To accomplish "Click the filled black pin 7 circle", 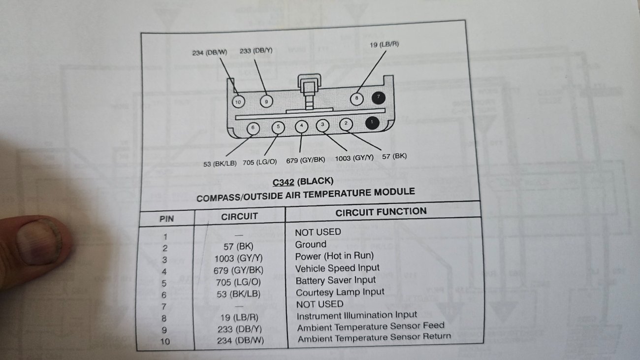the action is [x=379, y=98].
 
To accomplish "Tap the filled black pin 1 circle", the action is [x=372, y=123].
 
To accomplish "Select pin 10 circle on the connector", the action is [x=238, y=102].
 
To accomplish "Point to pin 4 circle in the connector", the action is [x=301, y=126].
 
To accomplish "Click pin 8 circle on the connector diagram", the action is [x=356, y=99].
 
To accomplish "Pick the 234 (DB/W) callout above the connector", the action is [x=210, y=53].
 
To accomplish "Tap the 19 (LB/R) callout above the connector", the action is [x=384, y=45].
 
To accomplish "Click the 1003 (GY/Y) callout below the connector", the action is [x=354, y=158].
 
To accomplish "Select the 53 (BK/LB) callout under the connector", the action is [x=220, y=164].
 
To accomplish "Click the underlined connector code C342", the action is [x=284, y=182].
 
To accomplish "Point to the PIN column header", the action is [x=167, y=219].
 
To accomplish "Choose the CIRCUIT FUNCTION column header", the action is [x=381, y=212].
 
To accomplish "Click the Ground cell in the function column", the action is [x=311, y=245].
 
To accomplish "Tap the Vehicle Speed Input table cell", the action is [x=337, y=268].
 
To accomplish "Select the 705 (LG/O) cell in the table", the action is [x=239, y=282].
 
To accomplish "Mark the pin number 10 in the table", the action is [x=165, y=341].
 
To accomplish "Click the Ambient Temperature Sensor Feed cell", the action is [x=371, y=327].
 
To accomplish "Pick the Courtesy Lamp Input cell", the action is [x=340, y=293].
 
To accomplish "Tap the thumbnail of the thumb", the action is [x=39, y=241].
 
